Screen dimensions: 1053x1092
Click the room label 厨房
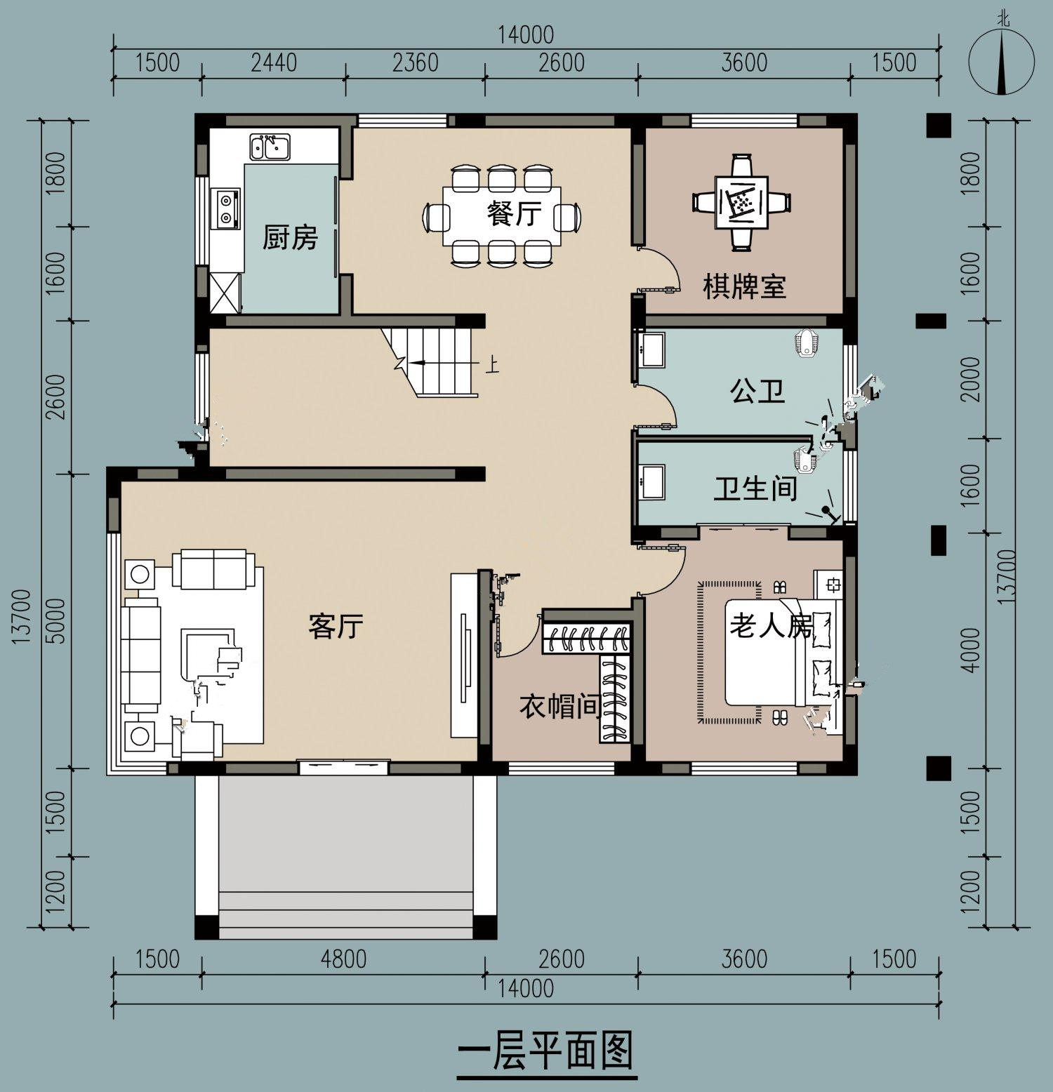tap(290, 238)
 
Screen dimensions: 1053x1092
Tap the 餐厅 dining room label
tap(515, 213)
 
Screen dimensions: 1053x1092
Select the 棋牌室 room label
tap(745, 287)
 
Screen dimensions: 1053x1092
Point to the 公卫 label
tap(757, 390)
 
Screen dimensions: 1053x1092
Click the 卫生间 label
tap(755, 488)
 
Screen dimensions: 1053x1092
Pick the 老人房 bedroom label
tap(771, 625)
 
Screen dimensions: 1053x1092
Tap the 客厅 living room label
tap(336, 625)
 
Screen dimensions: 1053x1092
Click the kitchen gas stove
tap(227, 208)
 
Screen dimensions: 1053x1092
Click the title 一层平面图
tap(546, 1051)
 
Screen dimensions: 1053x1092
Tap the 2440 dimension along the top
tap(274, 63)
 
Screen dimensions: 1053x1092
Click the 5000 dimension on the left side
tap(58, 620)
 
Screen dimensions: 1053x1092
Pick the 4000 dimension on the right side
tap(972, 650)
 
